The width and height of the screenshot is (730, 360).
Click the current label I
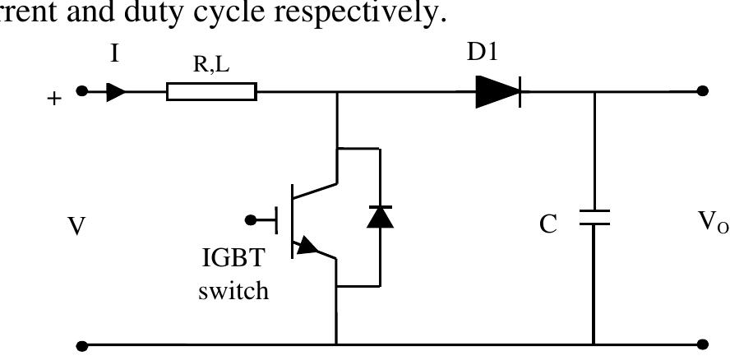114,53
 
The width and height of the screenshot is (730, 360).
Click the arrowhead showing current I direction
117,91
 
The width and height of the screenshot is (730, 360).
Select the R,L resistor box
211,91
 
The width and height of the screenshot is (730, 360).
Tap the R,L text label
211,66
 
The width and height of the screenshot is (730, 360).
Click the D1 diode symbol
498,91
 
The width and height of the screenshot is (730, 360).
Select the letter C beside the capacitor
548,224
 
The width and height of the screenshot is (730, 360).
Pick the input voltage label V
76,226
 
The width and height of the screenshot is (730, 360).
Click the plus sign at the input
55,99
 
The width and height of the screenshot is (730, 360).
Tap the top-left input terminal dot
81,91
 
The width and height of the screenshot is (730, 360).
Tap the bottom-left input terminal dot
81,345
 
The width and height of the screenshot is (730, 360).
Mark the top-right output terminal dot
702,91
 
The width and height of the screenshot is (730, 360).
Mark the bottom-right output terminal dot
702,345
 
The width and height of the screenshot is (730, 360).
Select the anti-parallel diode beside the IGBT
379,216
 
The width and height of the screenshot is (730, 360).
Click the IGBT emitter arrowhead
308,246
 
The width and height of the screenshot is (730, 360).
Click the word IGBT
233,260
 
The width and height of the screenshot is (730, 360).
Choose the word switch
233,291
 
